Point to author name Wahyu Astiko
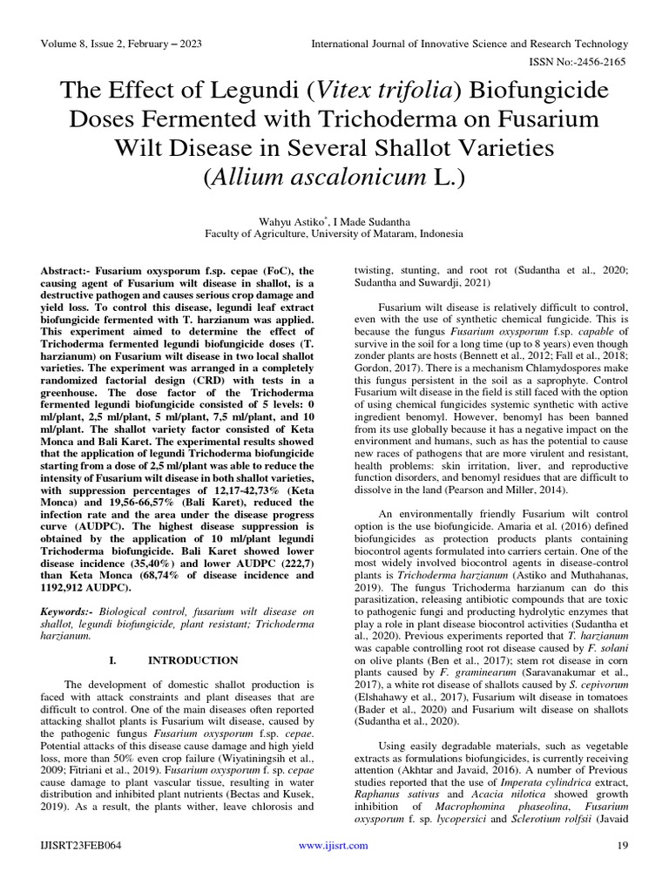click(x=285, y=221)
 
